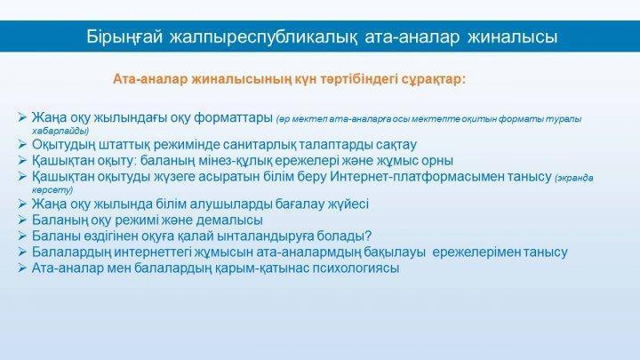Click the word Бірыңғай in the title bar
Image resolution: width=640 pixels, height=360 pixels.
[x=124, y=36]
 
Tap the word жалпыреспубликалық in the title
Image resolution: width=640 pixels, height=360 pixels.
[x=264, y=36]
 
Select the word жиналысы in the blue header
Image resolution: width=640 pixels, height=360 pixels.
[x=512, y=36]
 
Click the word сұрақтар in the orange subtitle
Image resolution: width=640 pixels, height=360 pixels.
[x=434, y=79]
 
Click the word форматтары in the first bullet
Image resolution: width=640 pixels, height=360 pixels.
[x=234, y=118]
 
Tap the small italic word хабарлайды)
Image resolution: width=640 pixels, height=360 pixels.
[x=60, y=132]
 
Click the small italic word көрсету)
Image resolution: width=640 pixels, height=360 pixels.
[x=52, y=190]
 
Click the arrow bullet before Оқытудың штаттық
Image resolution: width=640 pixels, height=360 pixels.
[x=22, y=144]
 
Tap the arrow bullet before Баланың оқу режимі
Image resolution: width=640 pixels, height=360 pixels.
[x=22, y=220]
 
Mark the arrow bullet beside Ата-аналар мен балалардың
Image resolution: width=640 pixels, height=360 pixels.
[x=22, y=268]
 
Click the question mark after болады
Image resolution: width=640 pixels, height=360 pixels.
[x=368, y=236]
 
